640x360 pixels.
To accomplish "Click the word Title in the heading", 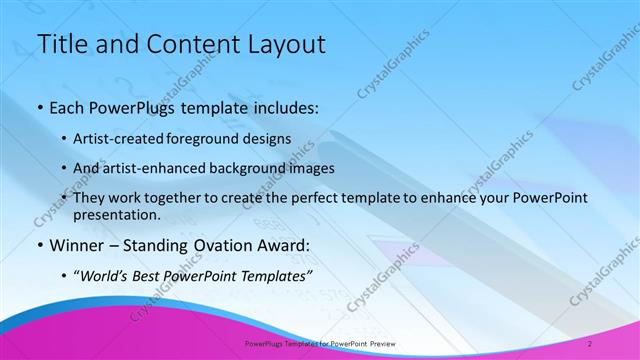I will (x=60, y=44).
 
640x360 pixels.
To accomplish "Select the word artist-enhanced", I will (x=170, y=168).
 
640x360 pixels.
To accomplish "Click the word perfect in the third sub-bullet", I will (x=343, y=199).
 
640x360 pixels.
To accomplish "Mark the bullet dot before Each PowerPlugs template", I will (x=39, y=106).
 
